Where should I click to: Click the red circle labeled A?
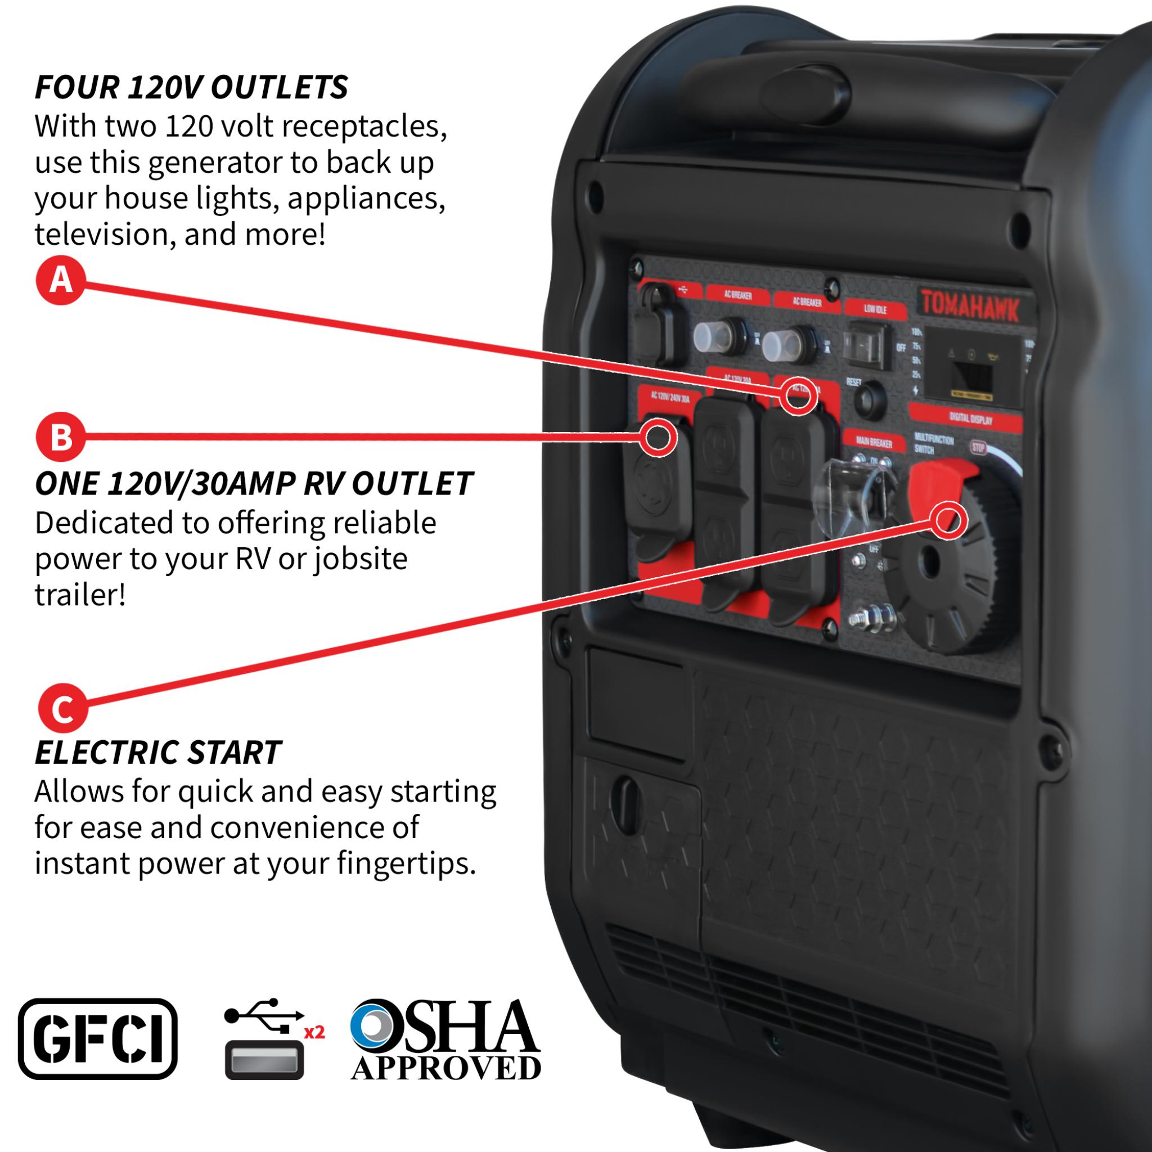pyautogui.click(x=60, y=280)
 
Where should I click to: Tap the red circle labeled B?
pyautogui.click(x=60, y=436)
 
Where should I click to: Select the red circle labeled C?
pyautogui.click(x=62, y=708)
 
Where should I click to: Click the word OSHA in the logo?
pyautogui.click(x=444, y=1027)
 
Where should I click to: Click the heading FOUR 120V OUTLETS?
pyautogui.click(x=191, y=88)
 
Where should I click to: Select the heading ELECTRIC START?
pyautogui.click(x=157, y=753)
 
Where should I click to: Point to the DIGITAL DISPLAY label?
pyautogui.click(x=971, y=419)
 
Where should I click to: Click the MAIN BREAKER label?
pyautogui.click(x=874, y=442)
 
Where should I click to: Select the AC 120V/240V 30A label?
pyautogui.click(x=669, y=397)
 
